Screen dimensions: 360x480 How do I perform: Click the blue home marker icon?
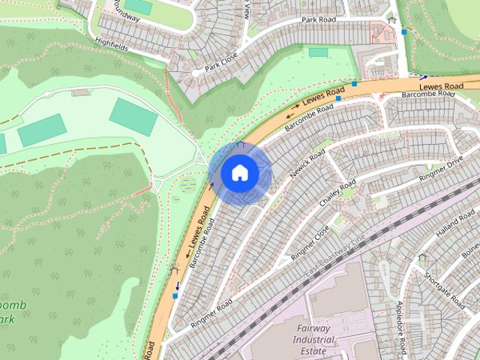[x=240, y=173]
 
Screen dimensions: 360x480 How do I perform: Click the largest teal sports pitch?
[x=133, y=115]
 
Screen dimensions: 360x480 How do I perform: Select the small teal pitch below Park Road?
[x=319, y=52]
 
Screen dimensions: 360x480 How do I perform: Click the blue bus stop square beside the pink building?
[x=405, y=31]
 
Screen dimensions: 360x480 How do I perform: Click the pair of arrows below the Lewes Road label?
[x=292, y=117]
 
